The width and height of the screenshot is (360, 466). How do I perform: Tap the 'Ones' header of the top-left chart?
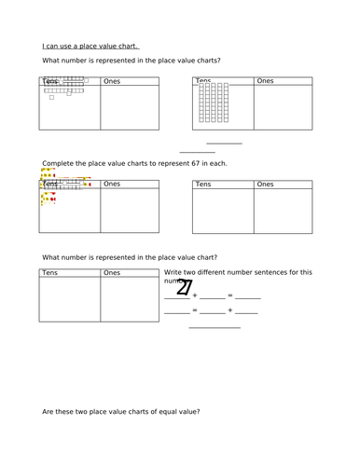coord(112,82)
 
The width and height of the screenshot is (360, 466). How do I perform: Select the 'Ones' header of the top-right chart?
coord(265,82)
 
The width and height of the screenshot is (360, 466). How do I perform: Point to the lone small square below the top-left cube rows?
coord(51,98)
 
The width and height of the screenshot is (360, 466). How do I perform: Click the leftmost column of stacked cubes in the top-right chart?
coord(201,103)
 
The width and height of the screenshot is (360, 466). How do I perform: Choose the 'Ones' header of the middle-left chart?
coord(112,185)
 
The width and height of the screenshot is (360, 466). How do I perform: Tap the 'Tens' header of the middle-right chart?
coord(203,185)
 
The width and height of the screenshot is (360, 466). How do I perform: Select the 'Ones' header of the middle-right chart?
coord(266,185)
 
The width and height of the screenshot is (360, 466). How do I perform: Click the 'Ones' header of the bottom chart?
coord(112,273)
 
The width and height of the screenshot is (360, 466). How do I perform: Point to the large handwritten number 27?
coord(185,291)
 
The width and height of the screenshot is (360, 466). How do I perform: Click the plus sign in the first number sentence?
coord(195,295)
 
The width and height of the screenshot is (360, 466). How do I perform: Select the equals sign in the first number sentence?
coord(229,295)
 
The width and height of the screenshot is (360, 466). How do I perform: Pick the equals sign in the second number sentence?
coord(195,310)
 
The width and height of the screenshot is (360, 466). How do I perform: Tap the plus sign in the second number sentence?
coord(229,310)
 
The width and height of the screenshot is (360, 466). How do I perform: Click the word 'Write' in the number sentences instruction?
coord(175,272)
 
